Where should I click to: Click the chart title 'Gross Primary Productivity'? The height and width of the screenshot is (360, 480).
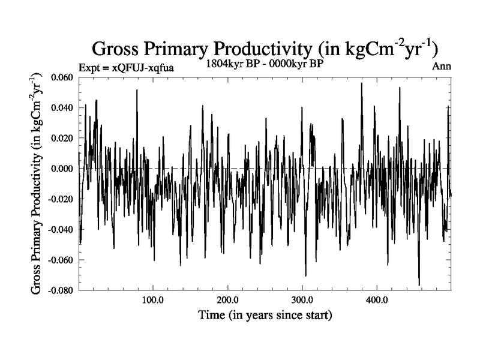pyautogui.click(x=268, y=48)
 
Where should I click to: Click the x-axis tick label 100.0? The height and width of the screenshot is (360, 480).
pyautogui.click(x=153, y=299)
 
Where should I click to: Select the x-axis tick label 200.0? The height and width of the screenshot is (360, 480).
pyautogui.click(x=227, y=299)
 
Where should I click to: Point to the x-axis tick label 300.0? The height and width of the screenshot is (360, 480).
pyautogui.click(x=302, y=299)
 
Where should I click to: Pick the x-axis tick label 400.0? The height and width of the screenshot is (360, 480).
pyautogui.click(x=376, y=299)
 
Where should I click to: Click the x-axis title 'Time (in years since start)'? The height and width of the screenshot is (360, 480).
pyautogui.click(x=265, y=314)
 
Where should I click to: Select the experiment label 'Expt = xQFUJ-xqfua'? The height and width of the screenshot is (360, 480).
pyautogui.click(x=127, y=67)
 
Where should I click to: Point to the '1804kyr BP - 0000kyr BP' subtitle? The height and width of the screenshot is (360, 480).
pyautogui.click(x=264, y=64)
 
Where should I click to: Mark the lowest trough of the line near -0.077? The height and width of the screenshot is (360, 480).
pyautogui.click(x=419, y=285)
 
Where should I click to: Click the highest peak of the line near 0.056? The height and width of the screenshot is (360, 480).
pyautogui.click(x=361, y=83)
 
